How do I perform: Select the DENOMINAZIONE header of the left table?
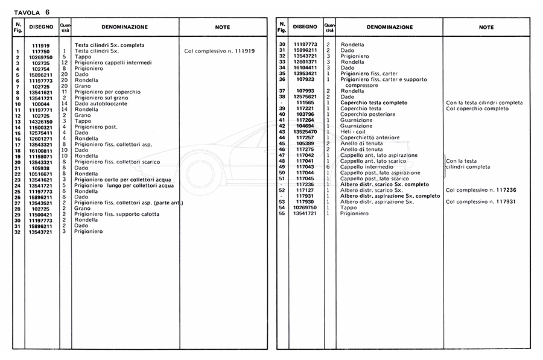coord(119,27)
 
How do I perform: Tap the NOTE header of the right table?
coord(486,27)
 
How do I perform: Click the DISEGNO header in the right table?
coord(305,27)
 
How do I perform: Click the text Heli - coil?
coord(352,131)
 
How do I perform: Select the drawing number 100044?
coord(40,104)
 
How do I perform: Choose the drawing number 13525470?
coord(305,131)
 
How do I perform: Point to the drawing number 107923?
coord(305,79)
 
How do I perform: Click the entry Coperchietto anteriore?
coord(366,137)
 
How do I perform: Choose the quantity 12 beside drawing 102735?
coord(64,63)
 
